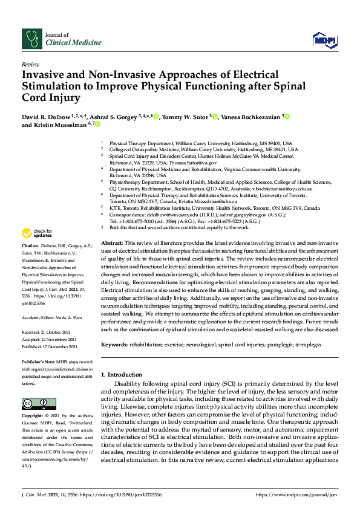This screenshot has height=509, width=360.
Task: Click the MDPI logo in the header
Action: point(324,39)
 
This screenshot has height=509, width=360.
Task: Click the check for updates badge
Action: point(36,233)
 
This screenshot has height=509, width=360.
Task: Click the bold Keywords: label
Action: point(117,344)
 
